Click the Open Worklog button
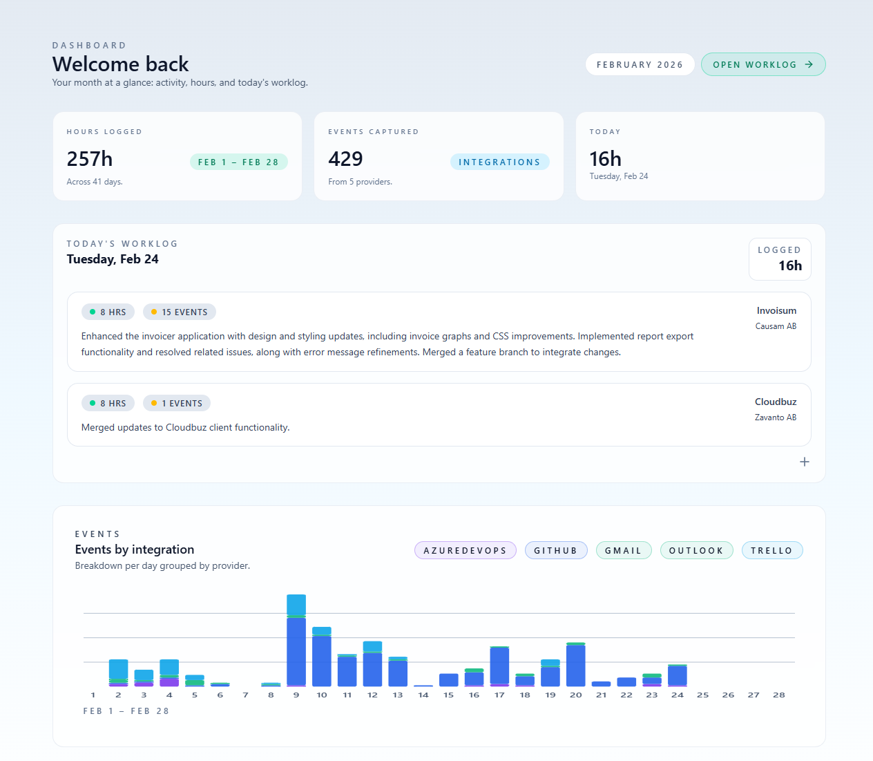pos(763,64)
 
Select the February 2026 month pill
pos(640,64)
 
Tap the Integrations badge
pos(499,162)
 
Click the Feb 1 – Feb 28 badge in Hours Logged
pos(238,162)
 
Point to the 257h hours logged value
pos(90,159)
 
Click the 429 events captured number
pos(345,159)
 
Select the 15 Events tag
pos(180,312)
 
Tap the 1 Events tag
pos(177,403)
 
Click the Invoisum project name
pos(776,310)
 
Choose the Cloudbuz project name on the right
pos(776,402)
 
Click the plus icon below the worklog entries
pos(804,462)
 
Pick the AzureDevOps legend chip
pos(465,550)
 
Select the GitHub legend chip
pos(555,550)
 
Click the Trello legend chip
pos(771,550)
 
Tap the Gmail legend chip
pos(623,550)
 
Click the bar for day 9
pos(296,643)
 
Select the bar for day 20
pos(575,665)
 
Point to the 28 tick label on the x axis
pos(779,695)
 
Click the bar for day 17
pos(499,666)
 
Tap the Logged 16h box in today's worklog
pos(780,259)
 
